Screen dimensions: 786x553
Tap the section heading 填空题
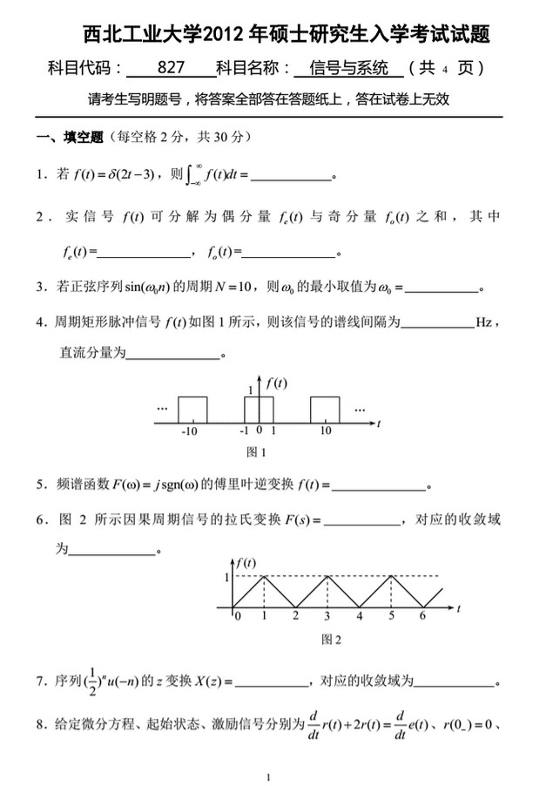(x=84, y=138)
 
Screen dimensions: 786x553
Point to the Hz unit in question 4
(x=484, y=322)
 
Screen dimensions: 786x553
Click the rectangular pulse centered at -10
(x=192, y=410)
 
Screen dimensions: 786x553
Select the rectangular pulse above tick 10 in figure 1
(x=325, y=410)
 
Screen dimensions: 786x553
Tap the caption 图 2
(x=331, y=639)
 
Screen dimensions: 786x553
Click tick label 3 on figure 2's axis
(x=327, y=616)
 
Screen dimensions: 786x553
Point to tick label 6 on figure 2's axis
(x=422, y=616)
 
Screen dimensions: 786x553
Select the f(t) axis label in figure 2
(x=246, y=564)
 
